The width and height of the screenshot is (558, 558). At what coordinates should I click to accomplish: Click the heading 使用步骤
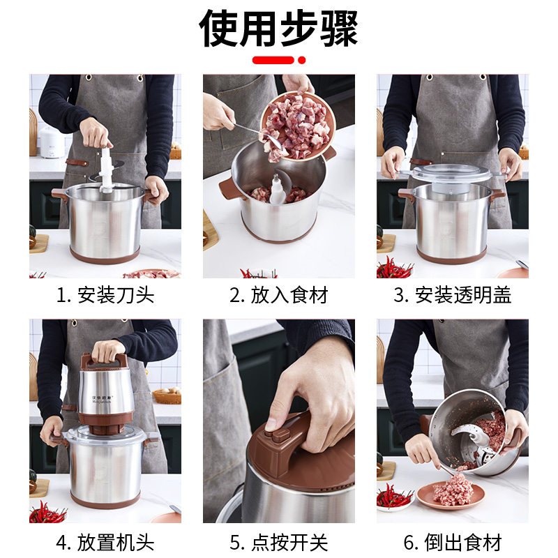278,28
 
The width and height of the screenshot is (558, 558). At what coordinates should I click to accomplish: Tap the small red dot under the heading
302,60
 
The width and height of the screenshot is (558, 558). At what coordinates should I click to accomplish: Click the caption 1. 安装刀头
105,295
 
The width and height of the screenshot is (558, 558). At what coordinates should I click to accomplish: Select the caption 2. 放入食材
278,295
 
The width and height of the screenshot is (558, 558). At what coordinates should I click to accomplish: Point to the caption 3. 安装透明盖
452,295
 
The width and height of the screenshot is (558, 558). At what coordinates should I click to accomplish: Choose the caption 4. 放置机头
105,542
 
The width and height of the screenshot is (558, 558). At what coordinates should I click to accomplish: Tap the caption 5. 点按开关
278,542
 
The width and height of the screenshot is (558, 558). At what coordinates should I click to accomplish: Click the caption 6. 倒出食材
452,542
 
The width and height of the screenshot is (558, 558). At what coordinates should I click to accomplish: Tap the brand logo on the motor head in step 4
101,399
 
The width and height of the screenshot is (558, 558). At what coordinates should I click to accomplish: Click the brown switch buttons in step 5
278,435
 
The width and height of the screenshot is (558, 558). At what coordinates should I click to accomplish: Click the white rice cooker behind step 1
52,142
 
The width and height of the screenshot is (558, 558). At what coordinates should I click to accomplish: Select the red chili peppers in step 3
394,268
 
